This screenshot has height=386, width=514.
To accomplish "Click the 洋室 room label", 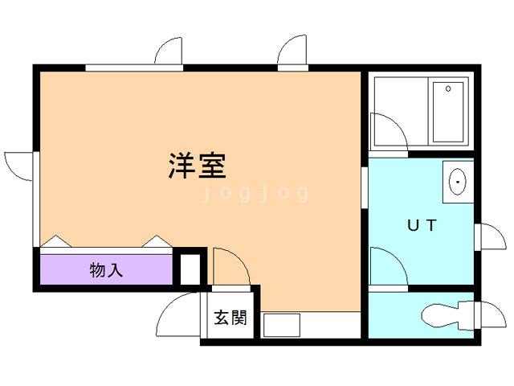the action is click(x=198, y=166).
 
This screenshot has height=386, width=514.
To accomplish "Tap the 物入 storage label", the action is click(x=106, y=270).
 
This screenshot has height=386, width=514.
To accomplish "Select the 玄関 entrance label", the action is click(x=230, y=318).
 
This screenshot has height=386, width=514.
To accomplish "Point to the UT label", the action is click(x=422, y=225).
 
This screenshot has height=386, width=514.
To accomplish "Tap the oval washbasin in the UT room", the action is click(x=457, y=182).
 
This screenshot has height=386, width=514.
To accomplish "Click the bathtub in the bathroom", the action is click(x=448, y=112).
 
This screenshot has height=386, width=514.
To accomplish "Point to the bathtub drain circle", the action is click(x=448, y=88).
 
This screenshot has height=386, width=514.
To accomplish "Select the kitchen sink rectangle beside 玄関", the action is click(x=282, y=325).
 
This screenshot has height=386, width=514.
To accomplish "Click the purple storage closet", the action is click(x=106, y=269).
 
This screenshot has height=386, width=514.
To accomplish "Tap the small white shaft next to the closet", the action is click(x=190, y=269).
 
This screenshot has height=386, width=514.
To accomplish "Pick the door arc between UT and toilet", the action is click(x=397, y=258).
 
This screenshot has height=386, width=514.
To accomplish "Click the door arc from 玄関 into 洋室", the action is click(x=239, y=258).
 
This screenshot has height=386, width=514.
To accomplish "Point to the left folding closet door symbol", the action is click(x=55, y=241).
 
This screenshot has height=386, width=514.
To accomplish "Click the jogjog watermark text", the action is click(x=255, y=193).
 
